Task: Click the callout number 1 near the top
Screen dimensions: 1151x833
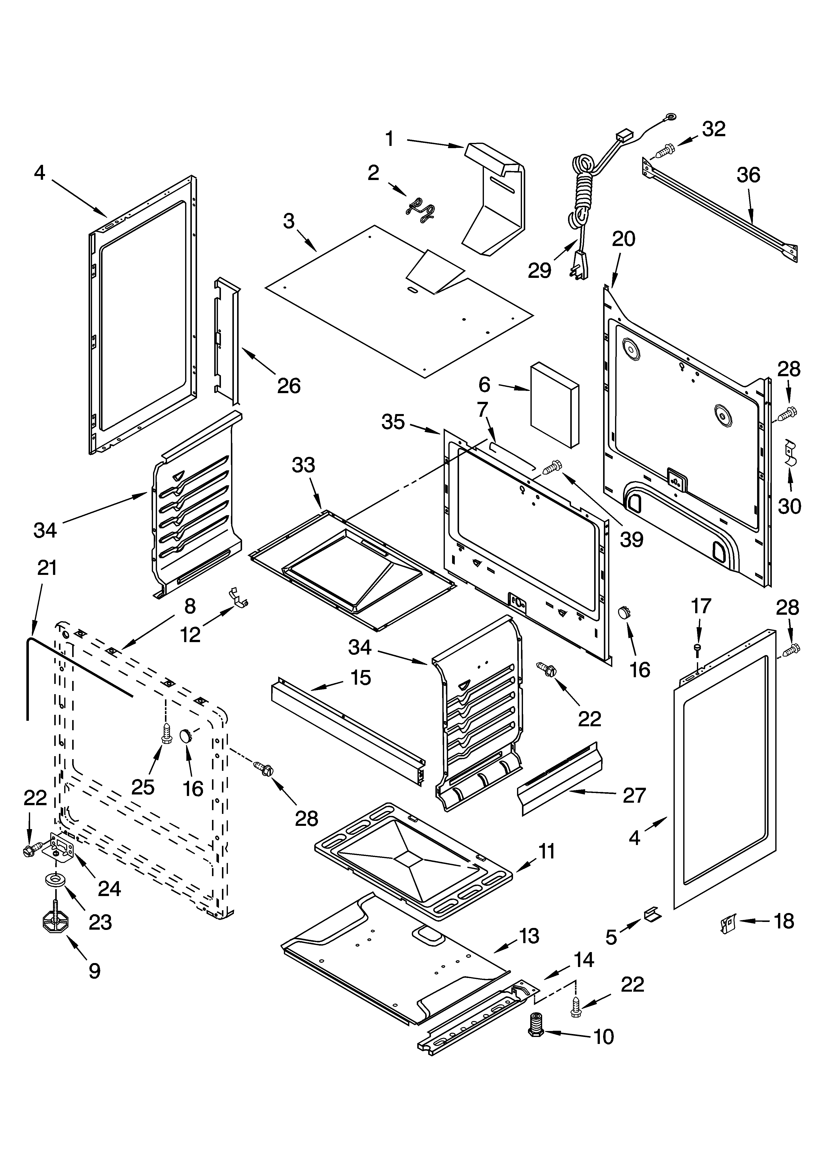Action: pos(390,138)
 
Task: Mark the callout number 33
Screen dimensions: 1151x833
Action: pos(303,465)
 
